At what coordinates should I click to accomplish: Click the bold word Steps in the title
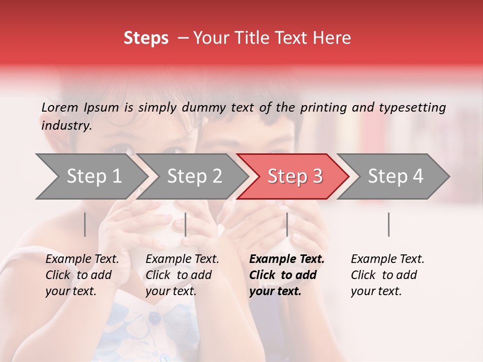(x=146, y=38)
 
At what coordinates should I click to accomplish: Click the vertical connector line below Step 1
(x=85, y=224)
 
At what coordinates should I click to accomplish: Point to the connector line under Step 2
(x=186, y=224)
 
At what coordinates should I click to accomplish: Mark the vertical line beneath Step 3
(x=287, y=224)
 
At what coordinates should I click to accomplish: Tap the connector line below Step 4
(x=388, y=224)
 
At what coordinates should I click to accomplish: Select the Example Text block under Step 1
(x=82, y=275)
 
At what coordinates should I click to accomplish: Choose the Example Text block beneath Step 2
(x=182, y=275)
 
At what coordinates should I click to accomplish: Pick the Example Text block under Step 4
(x=387, y=275)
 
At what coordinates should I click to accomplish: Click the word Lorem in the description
(x=60, y=107)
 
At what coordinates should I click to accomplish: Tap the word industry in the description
(x=66, y=126)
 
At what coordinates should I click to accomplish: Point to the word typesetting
(x=412, y=108)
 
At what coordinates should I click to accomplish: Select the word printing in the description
(x=323, y=108)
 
